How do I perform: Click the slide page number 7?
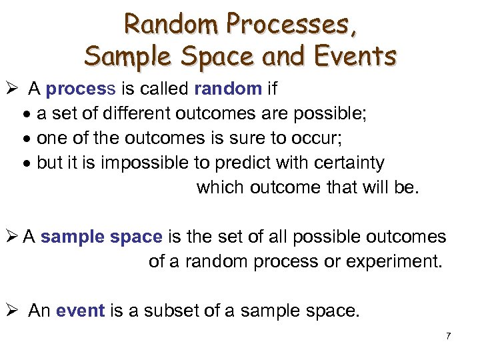(448, 336)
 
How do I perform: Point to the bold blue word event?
(81, 311)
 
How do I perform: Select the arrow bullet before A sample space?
(13, 237)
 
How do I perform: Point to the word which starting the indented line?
(220, 187)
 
